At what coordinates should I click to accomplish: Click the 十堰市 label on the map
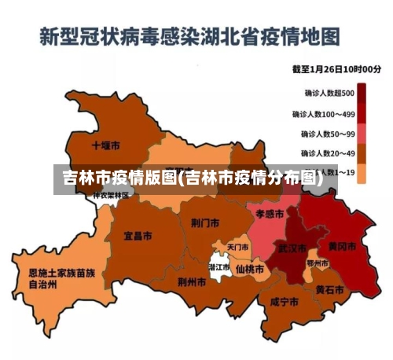click(x=105, y=145)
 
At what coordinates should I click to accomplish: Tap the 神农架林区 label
click(x=110, y=195)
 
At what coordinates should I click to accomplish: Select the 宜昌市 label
click(x=138, y=234)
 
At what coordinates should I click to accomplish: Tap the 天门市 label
click(x=237, y=247)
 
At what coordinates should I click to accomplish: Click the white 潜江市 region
click(x=219, y=268)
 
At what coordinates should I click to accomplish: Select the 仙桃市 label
click(x=250, y=268)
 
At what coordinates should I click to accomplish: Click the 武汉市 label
click(x=291, y=248)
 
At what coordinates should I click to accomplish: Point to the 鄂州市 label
click(x=317, y=263)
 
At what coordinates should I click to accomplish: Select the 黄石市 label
click(x=329, y=289)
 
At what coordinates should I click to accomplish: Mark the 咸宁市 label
click(x=284, y=301)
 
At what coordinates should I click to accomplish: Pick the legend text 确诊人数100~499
click(x=323, y=114)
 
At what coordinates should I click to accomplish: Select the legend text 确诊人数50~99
click(x=327, y=134)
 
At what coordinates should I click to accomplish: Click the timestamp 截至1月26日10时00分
click(x=336, y=69)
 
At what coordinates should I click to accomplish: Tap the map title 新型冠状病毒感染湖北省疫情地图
click(x=190, y=36)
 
